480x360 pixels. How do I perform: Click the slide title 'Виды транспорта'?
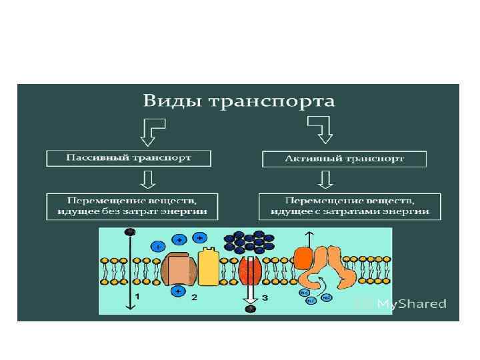[x=238, y=101]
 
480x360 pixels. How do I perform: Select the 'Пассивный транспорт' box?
[x=128, y=158]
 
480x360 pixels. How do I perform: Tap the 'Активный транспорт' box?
[x=343, y=159]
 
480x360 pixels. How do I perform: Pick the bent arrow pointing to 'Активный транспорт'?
[x=321, y=129]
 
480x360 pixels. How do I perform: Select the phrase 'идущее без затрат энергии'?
[x=131, y=212]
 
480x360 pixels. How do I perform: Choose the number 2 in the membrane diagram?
[x=194, y=297]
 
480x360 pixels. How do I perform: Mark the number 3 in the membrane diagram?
[x=265, y=298]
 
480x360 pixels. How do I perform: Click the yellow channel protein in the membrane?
[x=209, y=267]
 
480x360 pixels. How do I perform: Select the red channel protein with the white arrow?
[x=250, y=271]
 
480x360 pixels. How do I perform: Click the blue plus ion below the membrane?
[x=177, y=291]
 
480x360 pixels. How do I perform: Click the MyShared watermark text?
[x=411, y=304]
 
